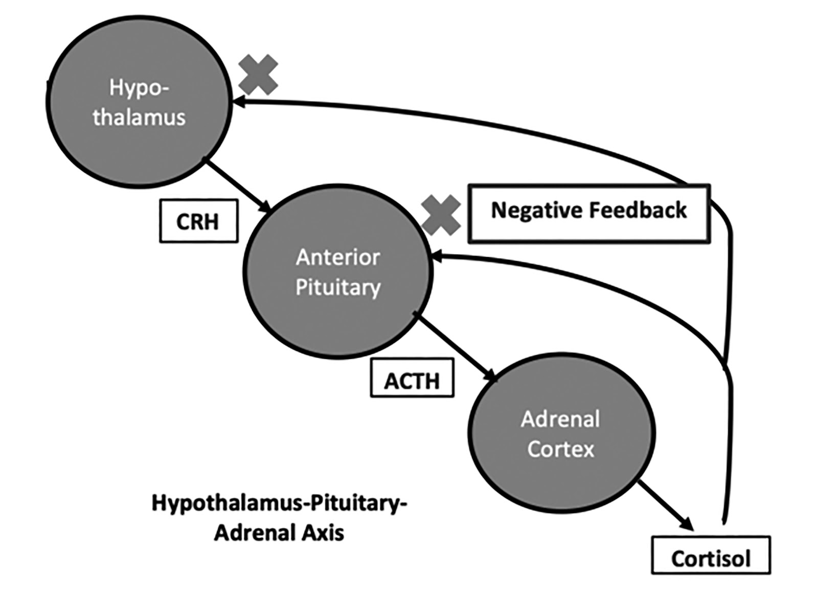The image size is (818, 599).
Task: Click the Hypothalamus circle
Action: tap(139, 102)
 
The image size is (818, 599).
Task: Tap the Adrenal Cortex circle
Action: tap(561, 434)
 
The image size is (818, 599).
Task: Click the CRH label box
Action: tap(198, 221)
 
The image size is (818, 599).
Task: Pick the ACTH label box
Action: tap(412, 379)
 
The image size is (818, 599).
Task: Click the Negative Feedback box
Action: tap(589, 213)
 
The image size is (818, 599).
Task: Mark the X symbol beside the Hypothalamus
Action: tap(258, 75)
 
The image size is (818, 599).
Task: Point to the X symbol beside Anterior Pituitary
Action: tap(441, 215)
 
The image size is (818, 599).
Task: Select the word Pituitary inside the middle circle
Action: tap(338, 288)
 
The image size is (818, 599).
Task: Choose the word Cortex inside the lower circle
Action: tap(561, 449)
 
